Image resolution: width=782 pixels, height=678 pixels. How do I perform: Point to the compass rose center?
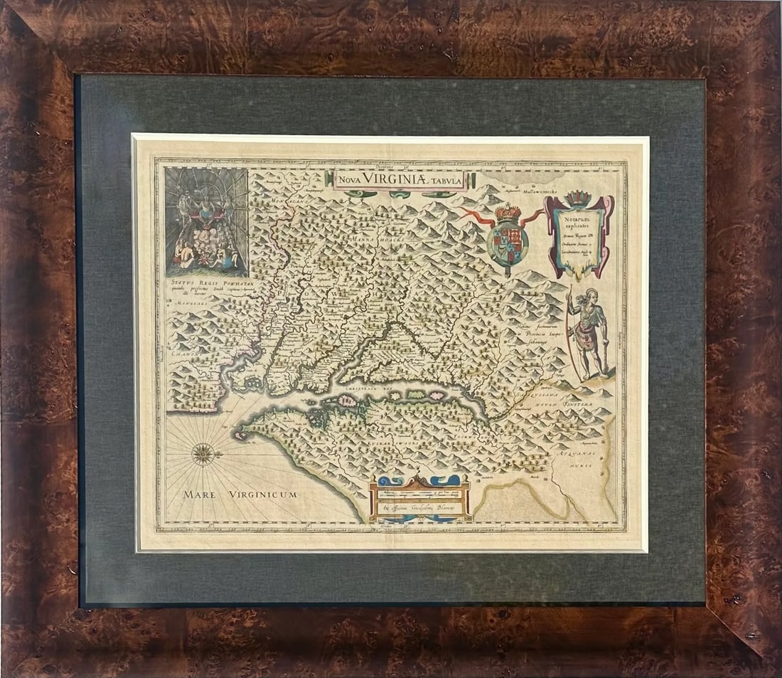203,452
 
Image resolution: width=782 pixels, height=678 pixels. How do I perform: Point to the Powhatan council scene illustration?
206,222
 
